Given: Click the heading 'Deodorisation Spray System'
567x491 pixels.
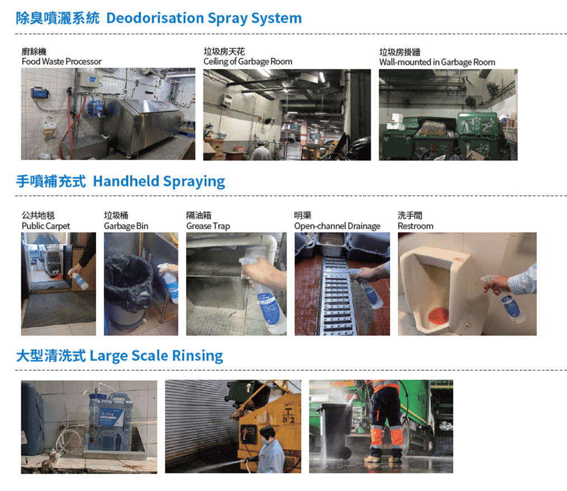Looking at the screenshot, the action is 204,18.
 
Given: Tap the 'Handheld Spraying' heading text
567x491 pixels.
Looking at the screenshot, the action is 159,182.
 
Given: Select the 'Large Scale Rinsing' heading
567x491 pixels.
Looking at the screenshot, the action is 156,356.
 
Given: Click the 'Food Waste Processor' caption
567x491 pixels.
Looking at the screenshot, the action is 61,62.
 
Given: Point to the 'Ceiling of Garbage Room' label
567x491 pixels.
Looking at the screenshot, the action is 247,62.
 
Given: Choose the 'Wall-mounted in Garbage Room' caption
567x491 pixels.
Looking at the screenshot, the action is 437,62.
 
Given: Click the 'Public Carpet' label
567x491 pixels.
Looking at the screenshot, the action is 46,226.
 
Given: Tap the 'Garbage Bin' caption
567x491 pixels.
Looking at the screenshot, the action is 126,226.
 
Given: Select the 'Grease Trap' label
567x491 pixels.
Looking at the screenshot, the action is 208,226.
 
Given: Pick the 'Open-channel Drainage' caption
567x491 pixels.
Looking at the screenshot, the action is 337,226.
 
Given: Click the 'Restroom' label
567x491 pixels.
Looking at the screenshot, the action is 416,226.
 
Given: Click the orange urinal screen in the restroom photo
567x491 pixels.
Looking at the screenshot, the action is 439,316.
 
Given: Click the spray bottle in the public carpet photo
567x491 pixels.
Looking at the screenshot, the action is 79,280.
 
